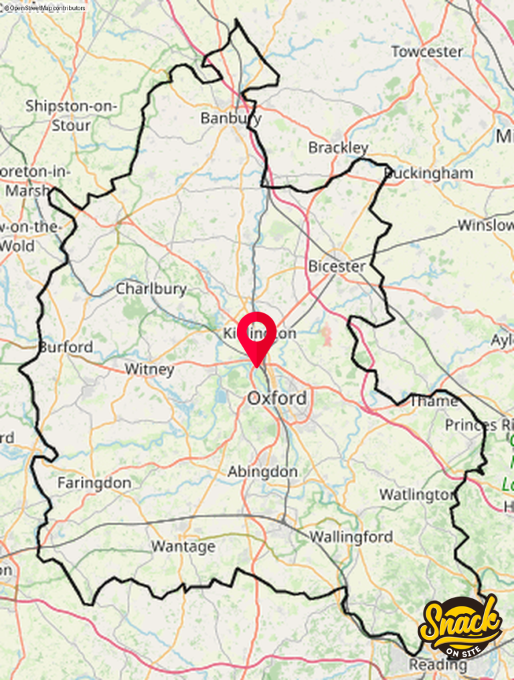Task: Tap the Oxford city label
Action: tap(277, 398)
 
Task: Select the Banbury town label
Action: tap(231, 118)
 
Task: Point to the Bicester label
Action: tap(337, 266)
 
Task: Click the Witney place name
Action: tap(149, 369)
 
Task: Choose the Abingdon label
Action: tap(262, 472)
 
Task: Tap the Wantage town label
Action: tap(183, 546)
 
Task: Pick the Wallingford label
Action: tap(351, 537)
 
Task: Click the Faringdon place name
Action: tap(94, 483)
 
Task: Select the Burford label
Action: tap(66, 347)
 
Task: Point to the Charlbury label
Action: tap(151, 289)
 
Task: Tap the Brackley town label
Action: tap(338, 147)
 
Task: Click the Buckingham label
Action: tap(429, 173)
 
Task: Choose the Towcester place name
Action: tap(426, 52)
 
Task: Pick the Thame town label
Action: tap(434, 401)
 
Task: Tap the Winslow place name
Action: tap(485, 225)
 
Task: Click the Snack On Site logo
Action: tap(460, 626)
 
